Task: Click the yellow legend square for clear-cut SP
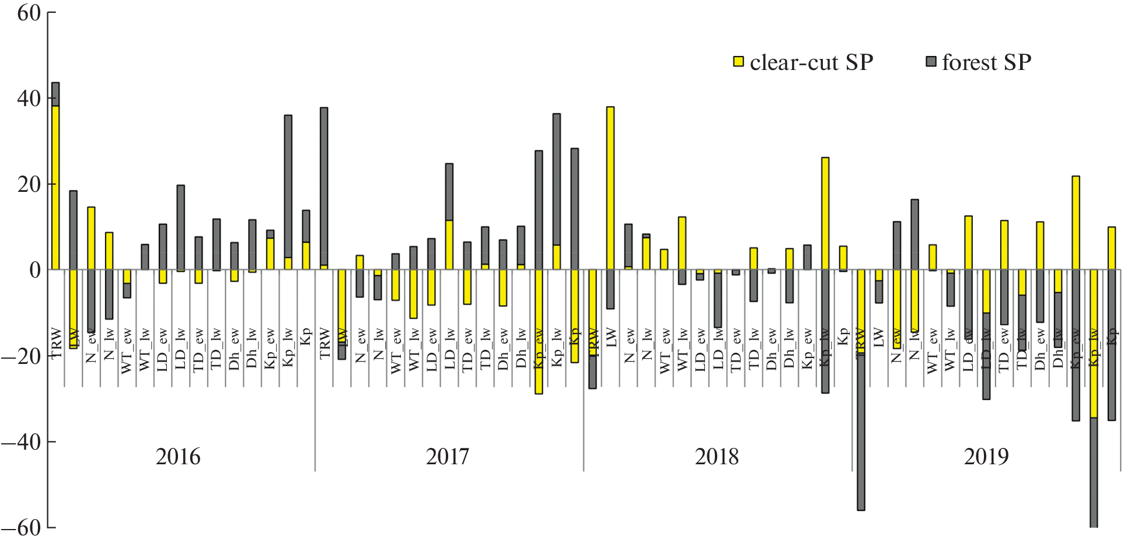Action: [x=738, y=62]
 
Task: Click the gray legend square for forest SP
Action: [x=931, y=61]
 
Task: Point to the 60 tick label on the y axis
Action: [x=29, y=13]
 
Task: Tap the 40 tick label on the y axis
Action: [x=29, y=99]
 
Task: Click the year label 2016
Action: [x=178, y=457]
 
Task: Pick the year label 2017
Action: [x=447, y=457]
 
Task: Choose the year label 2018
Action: [x=717, y=457]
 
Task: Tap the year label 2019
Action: [x=986, y=457]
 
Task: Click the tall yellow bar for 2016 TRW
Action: [x=55, y=187]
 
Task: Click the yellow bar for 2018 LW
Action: [x=610, y=188]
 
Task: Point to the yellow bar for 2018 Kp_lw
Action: [x=825, y=213]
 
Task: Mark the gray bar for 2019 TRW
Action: [x=861, y=432]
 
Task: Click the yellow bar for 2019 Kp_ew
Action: [x=1076, y=222]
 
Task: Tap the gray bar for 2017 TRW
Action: [x=324, y=187]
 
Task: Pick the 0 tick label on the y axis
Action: [x=35, y=270]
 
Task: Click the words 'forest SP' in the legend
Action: [x=986, y=62]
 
